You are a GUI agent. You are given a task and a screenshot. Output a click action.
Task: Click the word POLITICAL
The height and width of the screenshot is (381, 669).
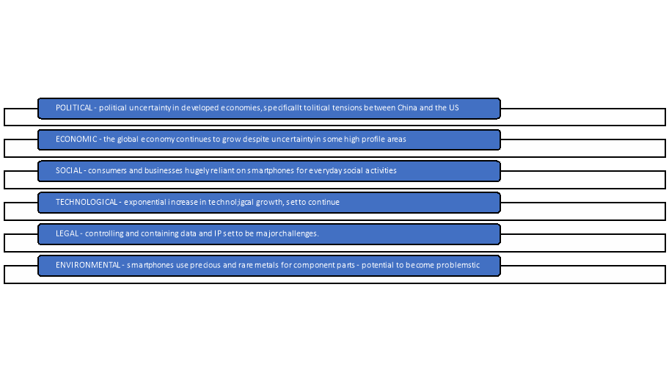tap(74, 108)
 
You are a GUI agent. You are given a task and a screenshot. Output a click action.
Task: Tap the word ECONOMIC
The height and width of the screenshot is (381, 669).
tap(76, 139)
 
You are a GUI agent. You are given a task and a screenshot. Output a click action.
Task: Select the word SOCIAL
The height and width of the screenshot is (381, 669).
tap(69, 171)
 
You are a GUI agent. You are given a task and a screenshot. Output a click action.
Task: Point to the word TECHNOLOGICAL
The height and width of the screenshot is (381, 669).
tap(86, 202)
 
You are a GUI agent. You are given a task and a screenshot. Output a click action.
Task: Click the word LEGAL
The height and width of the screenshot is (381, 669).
tap(67, 233)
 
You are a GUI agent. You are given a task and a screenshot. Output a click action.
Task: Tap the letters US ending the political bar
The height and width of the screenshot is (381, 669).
tap(453, 108)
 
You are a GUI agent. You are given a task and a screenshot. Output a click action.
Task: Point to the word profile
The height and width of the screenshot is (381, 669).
tap(369, 139)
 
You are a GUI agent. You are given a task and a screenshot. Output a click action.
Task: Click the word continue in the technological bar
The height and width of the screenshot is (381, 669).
tap(323, 202)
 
